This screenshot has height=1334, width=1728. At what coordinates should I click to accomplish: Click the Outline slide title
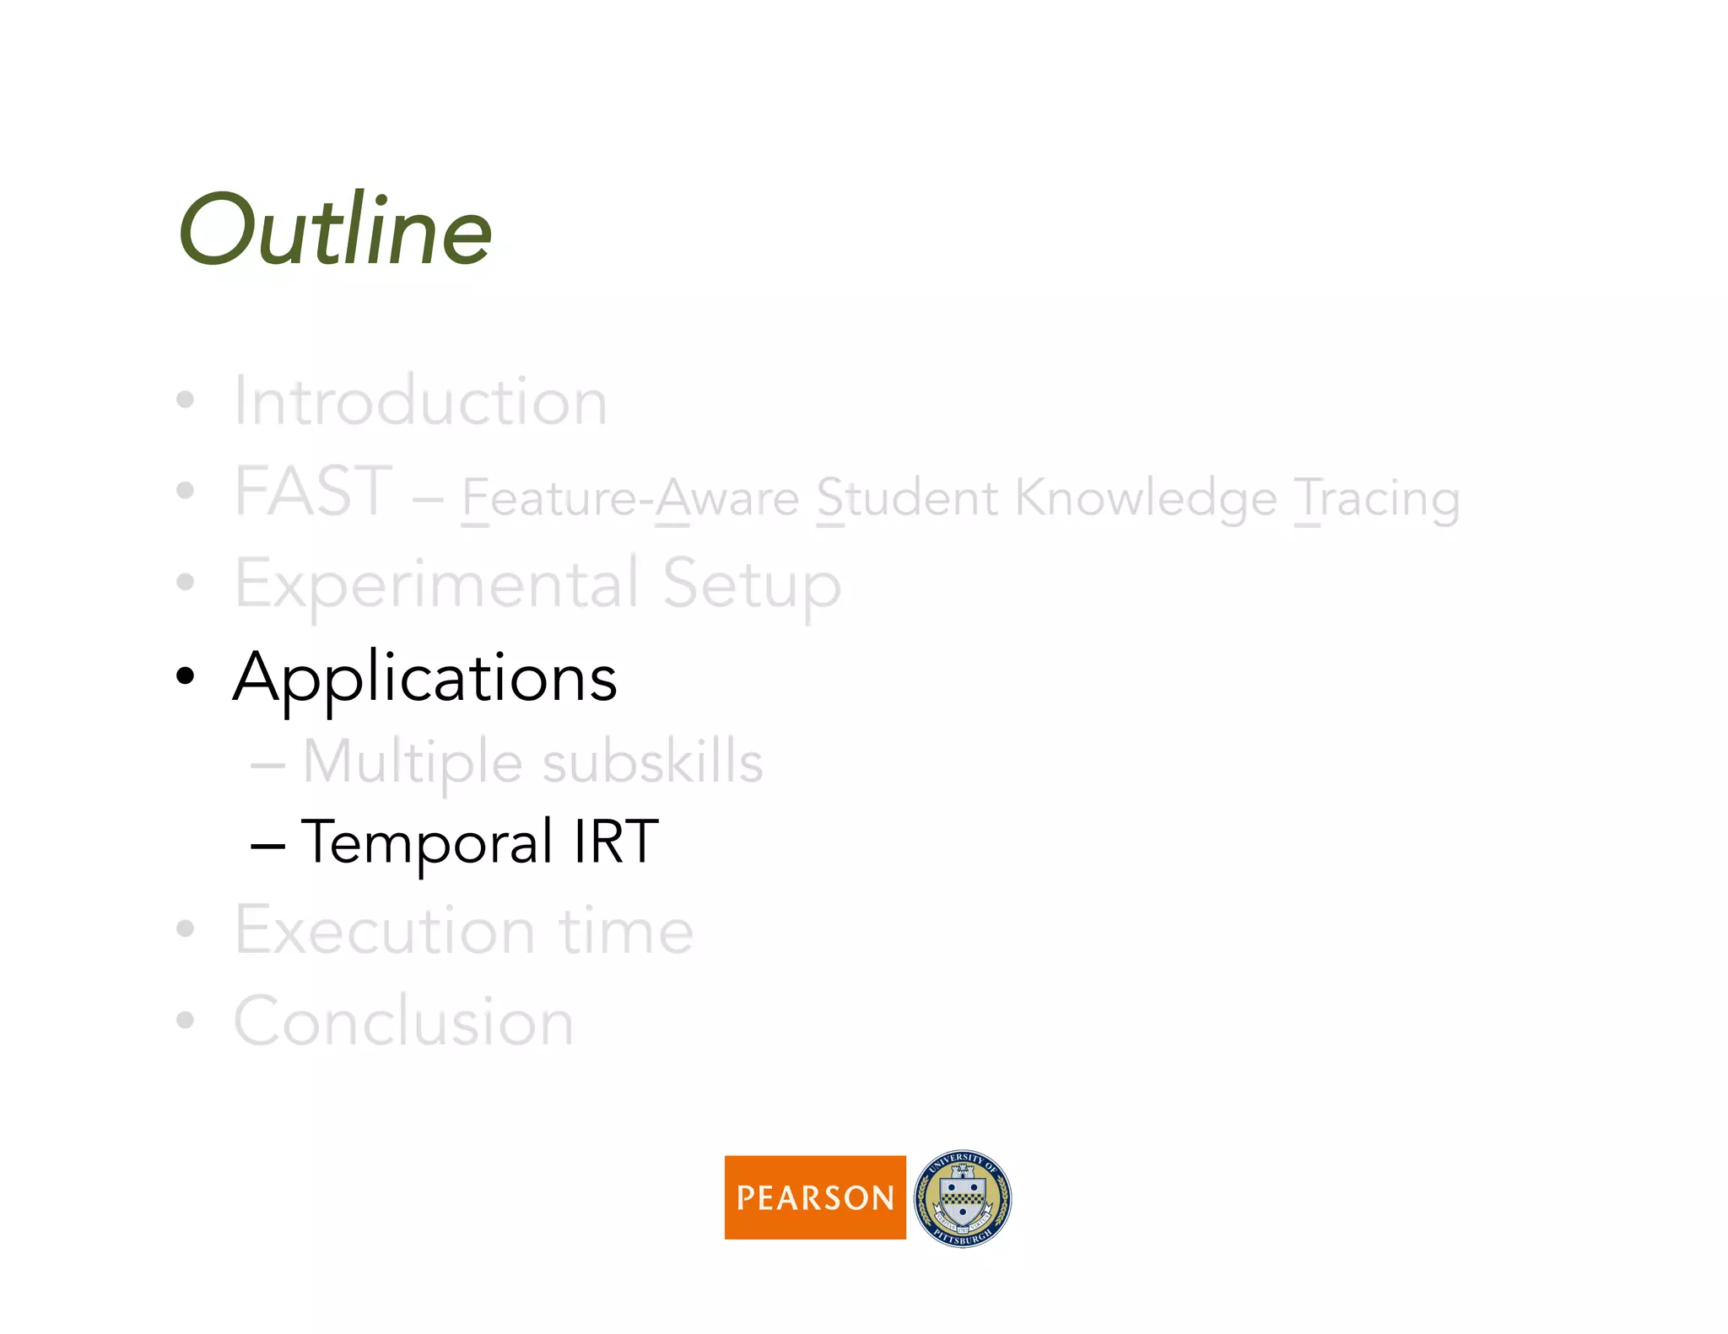click(335, 230)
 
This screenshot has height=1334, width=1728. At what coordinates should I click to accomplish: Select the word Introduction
click(420, 401)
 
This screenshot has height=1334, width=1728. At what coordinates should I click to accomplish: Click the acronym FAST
click(313, 492)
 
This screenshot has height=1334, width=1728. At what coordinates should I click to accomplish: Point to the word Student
click(907, 498)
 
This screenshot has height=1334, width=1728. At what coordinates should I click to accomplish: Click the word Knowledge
click(1146, 498)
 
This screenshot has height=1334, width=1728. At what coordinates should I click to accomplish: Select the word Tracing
click(1377, 498)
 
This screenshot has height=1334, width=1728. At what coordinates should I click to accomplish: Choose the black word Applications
click(425, 677)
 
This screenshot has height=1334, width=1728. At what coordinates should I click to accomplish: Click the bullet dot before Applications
click(185, 676)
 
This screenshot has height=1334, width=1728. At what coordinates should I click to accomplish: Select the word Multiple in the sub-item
click(413, 762)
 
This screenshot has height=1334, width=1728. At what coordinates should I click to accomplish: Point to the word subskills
click(652, 762)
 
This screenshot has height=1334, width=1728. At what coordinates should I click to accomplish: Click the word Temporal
click(427, 842)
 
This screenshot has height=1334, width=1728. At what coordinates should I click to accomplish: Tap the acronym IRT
click(615, 842)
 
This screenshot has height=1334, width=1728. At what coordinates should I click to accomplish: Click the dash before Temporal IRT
click(267, 844)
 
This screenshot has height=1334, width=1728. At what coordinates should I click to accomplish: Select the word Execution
click(385, 930)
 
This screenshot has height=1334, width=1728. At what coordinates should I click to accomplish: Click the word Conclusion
click(404, 1021)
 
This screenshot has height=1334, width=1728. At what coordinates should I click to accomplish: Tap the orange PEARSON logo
click(814, 1197)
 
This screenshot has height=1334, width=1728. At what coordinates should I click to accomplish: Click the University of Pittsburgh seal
click(963, 1198)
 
